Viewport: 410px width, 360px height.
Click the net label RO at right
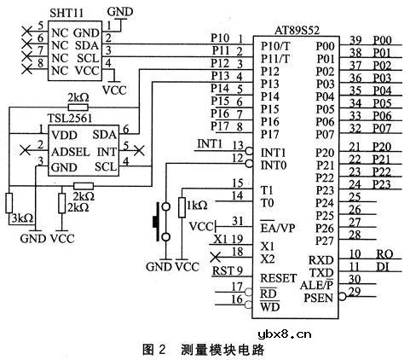tap(384, 254)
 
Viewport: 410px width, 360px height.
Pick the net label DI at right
tap(384, 267)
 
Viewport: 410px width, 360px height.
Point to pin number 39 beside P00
tap(355, 40)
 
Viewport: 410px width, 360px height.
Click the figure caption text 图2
tap(152, 350)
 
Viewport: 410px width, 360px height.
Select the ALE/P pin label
tap(320, 284)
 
